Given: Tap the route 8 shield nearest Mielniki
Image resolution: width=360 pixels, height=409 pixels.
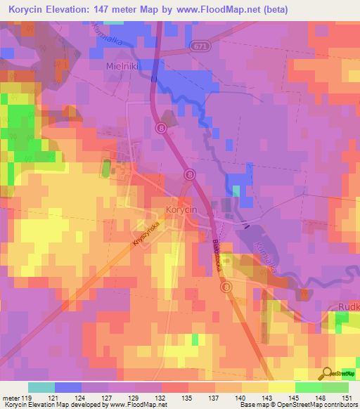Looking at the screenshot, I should coord(161,128).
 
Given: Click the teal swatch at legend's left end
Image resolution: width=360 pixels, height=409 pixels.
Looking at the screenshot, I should coord(41,387).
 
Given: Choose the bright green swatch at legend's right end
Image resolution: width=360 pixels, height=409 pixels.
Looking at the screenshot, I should coord(335,387).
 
